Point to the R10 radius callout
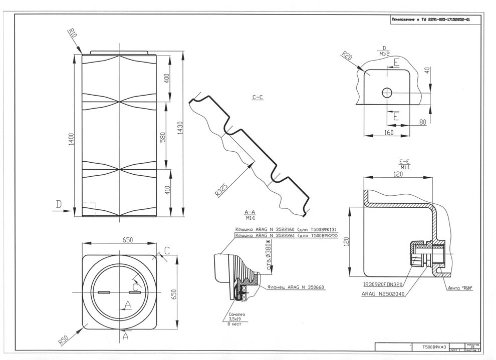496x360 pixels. click(x=73, y=35)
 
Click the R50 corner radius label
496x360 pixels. click(x=63, y=339)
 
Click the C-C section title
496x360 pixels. click(x=259, y=98)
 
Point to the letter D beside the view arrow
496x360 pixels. click(x=59, y=204)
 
